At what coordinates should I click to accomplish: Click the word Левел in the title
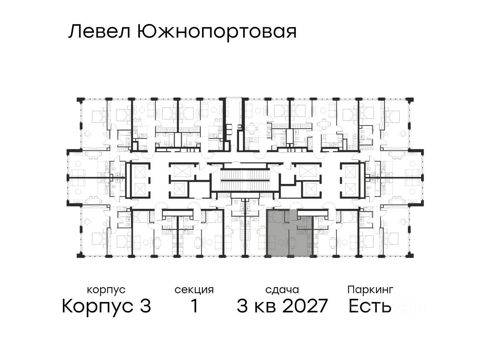click(100, 32)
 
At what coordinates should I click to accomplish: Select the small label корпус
click(106, 290)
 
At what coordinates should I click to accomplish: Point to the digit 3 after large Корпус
click(145, 307)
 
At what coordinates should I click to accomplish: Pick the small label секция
click(194, 290)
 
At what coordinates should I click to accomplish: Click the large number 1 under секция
click(194, 307)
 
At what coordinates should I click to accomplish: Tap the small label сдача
click(282, 290)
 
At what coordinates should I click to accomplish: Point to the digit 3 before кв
click(242, 307)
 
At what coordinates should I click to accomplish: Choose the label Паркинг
click(370, 290)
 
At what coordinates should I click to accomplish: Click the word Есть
click(370, 307)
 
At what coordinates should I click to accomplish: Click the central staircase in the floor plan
click(245, 180)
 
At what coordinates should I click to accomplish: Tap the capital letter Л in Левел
click(74, 32)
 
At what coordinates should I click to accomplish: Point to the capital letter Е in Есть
click(354, 307)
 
